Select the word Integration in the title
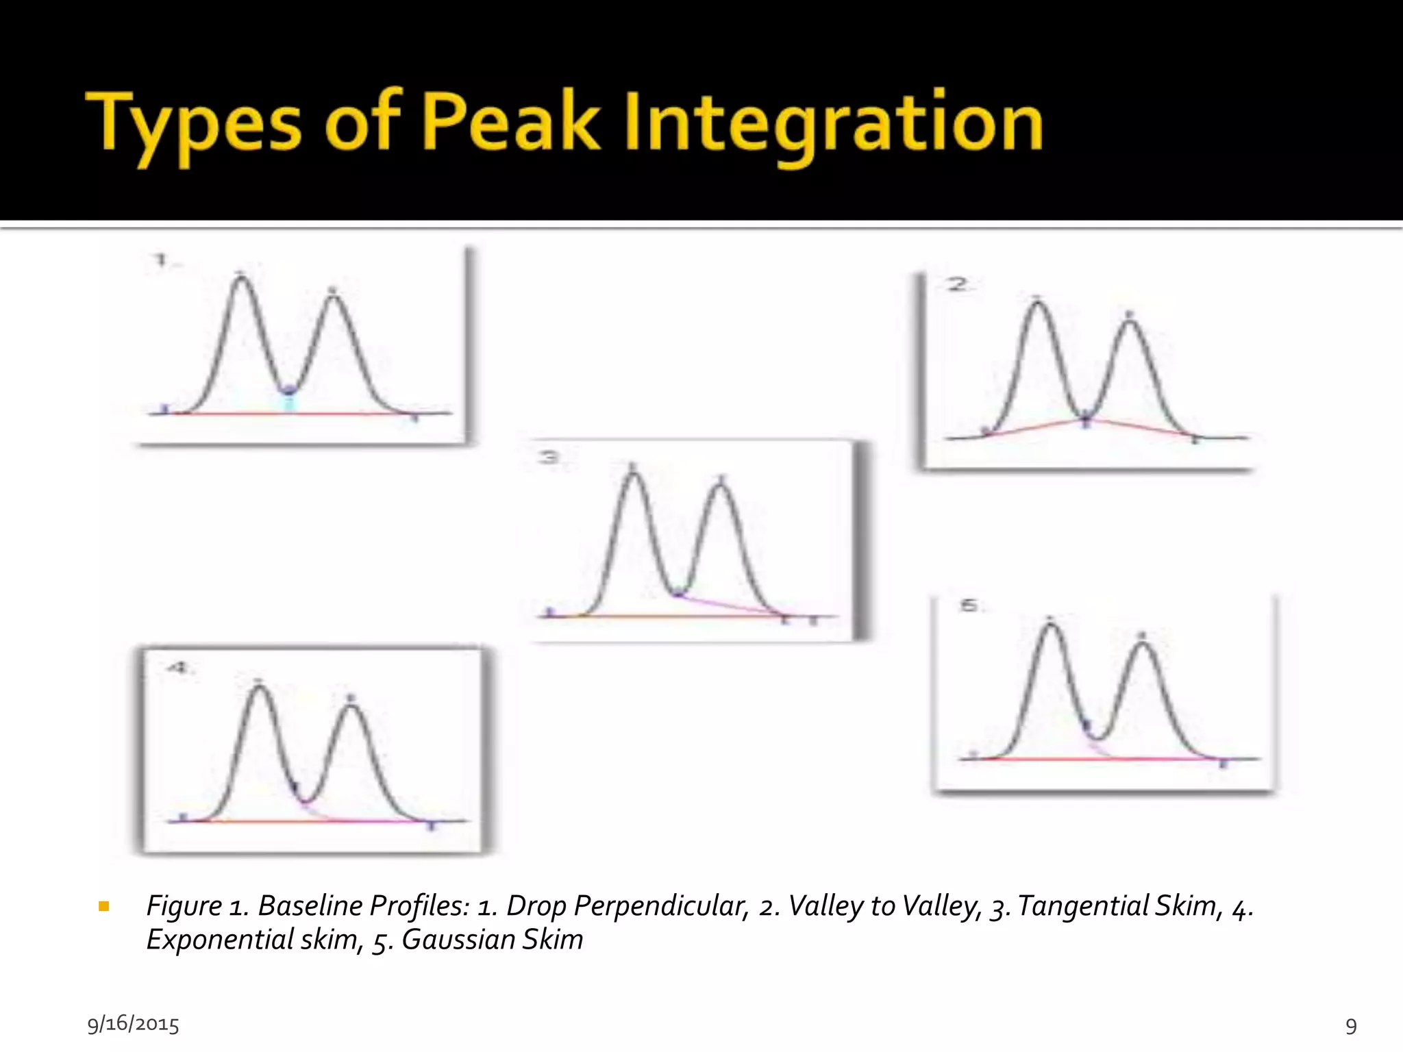tap(833, 123)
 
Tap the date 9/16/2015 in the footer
tap(134, 1024)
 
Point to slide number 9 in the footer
tap(1351, 1025)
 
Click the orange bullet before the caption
tap(104, 907)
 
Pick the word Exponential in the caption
tap(220, 939)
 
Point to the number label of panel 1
tap(162, 260)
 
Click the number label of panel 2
tap(957, 284)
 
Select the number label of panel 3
tap(549, 457)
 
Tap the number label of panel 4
tap(178, 668)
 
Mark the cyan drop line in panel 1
tap(289, 403)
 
